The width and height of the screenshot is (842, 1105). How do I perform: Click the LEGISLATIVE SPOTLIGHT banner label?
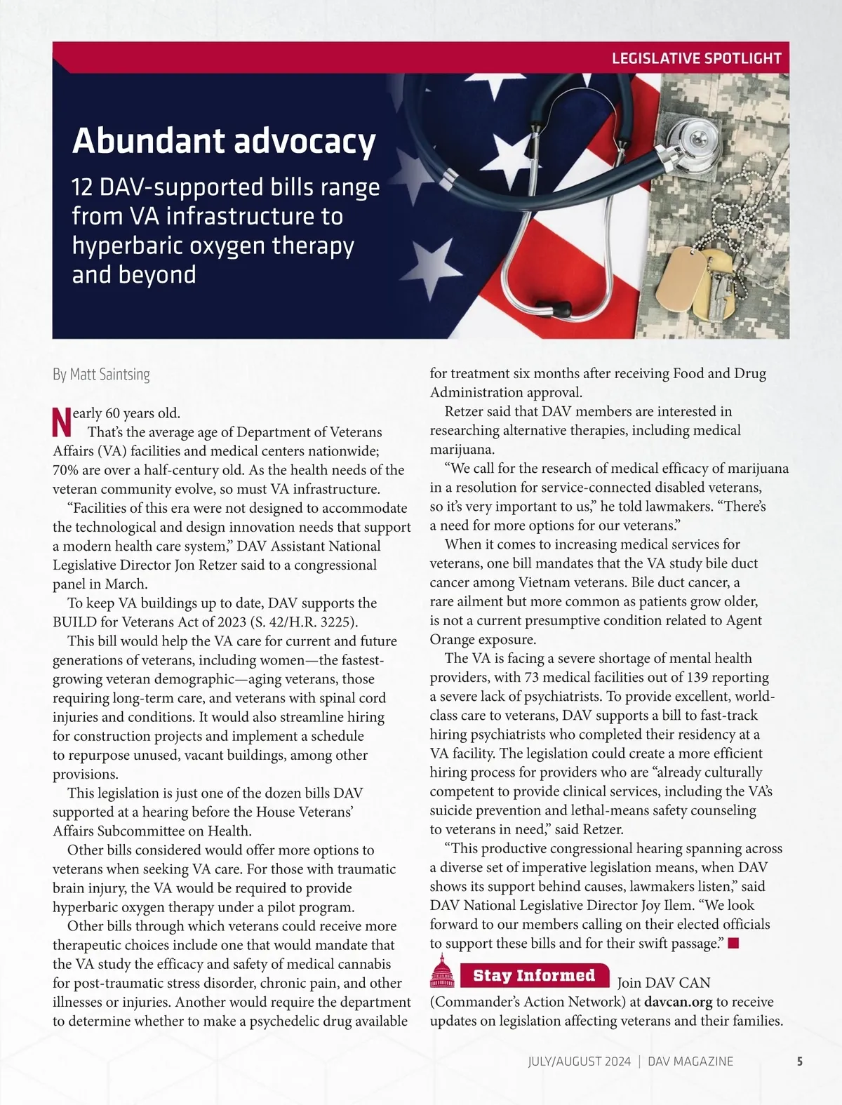pyautogui.click(x=696, y=58)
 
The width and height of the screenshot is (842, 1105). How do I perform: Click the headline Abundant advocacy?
pyautogui.click(x=224, y=140)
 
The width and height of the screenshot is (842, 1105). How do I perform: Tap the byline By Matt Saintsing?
pyautogui.click(x=101, y=375)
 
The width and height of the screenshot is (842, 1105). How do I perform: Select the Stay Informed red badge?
pyautogui.click(x=534, y=975)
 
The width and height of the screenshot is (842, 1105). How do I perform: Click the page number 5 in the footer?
pyautogui.click(x=800, y=1061)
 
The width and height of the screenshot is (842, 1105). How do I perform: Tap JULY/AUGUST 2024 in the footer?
pyautogui.click(x=579, y=1061)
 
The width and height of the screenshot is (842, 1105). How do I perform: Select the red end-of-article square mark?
pyautogui.click(x=734, y=943)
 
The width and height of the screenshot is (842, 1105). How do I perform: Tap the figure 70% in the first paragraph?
pyautogui.click(x=67, y=470)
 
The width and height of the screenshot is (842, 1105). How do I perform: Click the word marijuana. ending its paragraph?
pyautogui.click(x=462, y=449)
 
